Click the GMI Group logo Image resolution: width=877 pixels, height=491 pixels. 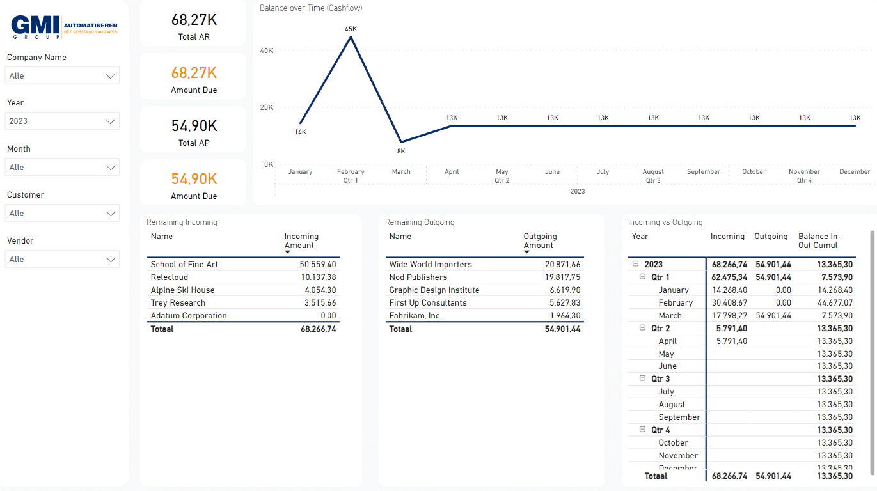pyautogui.click(x=64, y=27)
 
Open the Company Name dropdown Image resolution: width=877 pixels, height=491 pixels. pyautogui.click(x=62, y=75)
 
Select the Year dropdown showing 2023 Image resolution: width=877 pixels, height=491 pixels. pyautogui.click(x=62, y=121)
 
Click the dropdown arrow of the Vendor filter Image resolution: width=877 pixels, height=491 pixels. pyautogui.click(x=111, y=260)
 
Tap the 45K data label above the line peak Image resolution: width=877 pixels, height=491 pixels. pyautogui.click(x=351, y=29)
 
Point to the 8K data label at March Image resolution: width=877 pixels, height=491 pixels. pyautogui.click(x=401, y=152)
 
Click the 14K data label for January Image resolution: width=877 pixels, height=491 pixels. pyautogui.click(x=300, y=132)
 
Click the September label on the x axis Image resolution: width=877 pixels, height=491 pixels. pyautogui.click(x=703, y=172)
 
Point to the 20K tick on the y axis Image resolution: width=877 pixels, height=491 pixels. pyautogui.click(x=265, y=107)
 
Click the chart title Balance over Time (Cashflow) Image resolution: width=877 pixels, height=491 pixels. pyautogui.click(x=311, y=8)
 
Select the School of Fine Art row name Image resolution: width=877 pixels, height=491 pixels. pyautogui.click(x=184, y=265)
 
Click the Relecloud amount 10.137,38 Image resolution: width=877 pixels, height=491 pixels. pyautogui.click(x=317, y=277)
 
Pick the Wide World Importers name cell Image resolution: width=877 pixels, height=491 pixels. pyautogui.click(x=431, y=265)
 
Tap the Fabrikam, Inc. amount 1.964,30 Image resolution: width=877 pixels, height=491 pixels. pyautogui.click(x=562, y=316)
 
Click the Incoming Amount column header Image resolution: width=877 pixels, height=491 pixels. pyautogui.click(x=301, y=241)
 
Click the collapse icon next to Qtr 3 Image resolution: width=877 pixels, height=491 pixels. pyautogui.click(x=643, y=379)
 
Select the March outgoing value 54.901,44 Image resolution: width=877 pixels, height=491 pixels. pyautogui.click(x=773, y=316)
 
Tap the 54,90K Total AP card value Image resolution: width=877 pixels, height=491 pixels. pyautogui.click(x=194, y=126)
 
